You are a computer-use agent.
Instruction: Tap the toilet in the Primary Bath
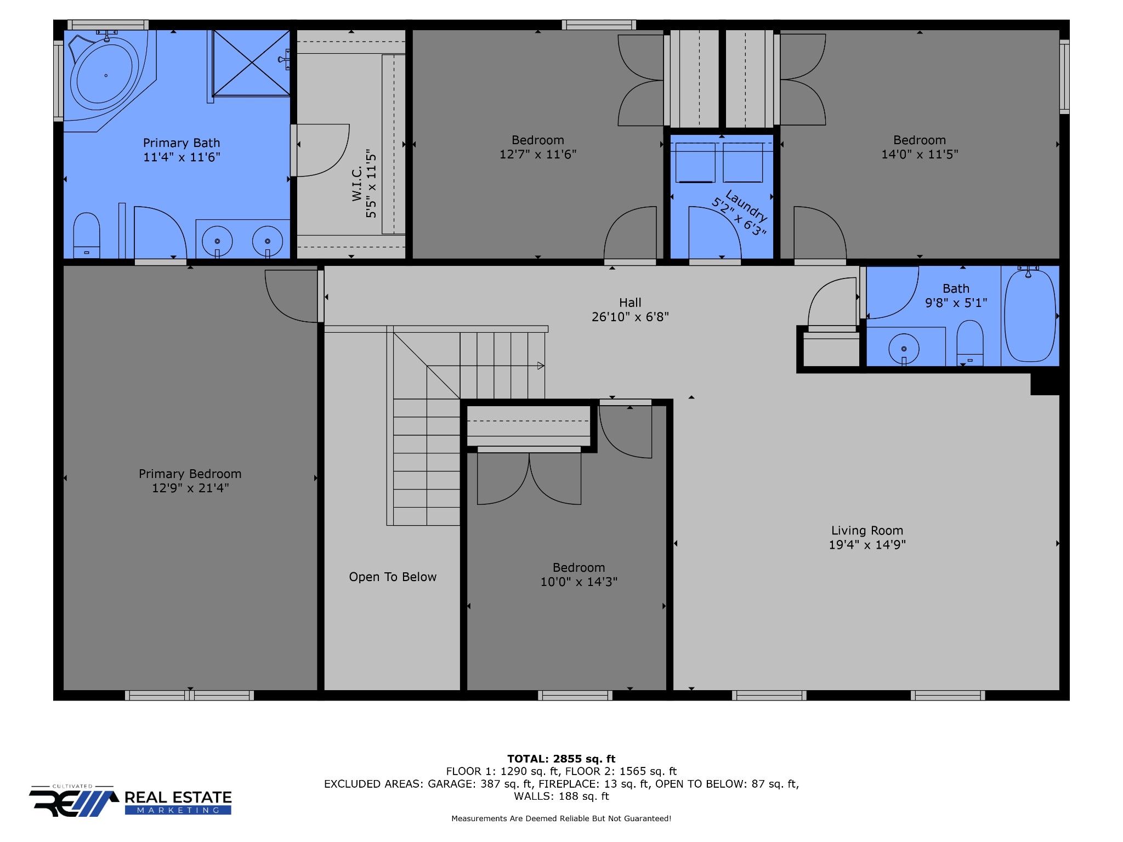(x=87, y=235)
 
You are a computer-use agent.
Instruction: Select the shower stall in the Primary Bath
(x=251, y=62)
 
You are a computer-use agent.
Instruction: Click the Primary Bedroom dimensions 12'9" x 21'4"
(x=190, y=488)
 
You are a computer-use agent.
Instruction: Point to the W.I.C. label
(x=357, y=184)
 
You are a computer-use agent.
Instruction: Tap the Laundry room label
(x=746, y=205)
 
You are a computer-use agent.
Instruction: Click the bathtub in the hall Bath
(x=1030, y=315)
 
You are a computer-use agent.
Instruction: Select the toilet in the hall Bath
(x=969, y=343)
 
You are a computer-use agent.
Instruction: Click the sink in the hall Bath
(x=904, y=349)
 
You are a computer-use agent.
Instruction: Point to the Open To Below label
(x=393, y=577)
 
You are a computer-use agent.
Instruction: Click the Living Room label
(x=867, y=530)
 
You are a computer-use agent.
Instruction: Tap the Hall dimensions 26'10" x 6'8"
(x=630, y=317)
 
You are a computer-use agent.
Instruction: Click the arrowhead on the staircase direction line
(x=541, y=366)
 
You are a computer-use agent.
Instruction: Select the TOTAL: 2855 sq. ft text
(x=561, y=759)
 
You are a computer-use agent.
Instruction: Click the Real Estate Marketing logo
(x=131, y=801)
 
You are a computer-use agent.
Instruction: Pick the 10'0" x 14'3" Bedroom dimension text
(x=579, y=582)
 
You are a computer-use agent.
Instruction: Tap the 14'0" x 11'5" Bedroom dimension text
(x=920, y=155)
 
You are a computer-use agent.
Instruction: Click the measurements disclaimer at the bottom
(x=561, y=818)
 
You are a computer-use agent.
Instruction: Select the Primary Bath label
(x=182, y=143)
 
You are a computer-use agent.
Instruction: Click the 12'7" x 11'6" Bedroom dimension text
(x=538, y=155)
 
